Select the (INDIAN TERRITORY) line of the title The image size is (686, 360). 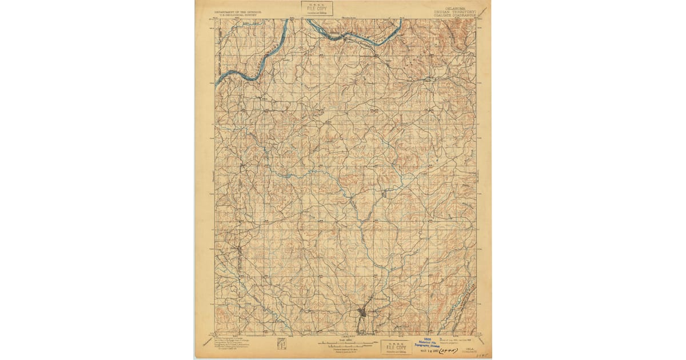455,10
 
